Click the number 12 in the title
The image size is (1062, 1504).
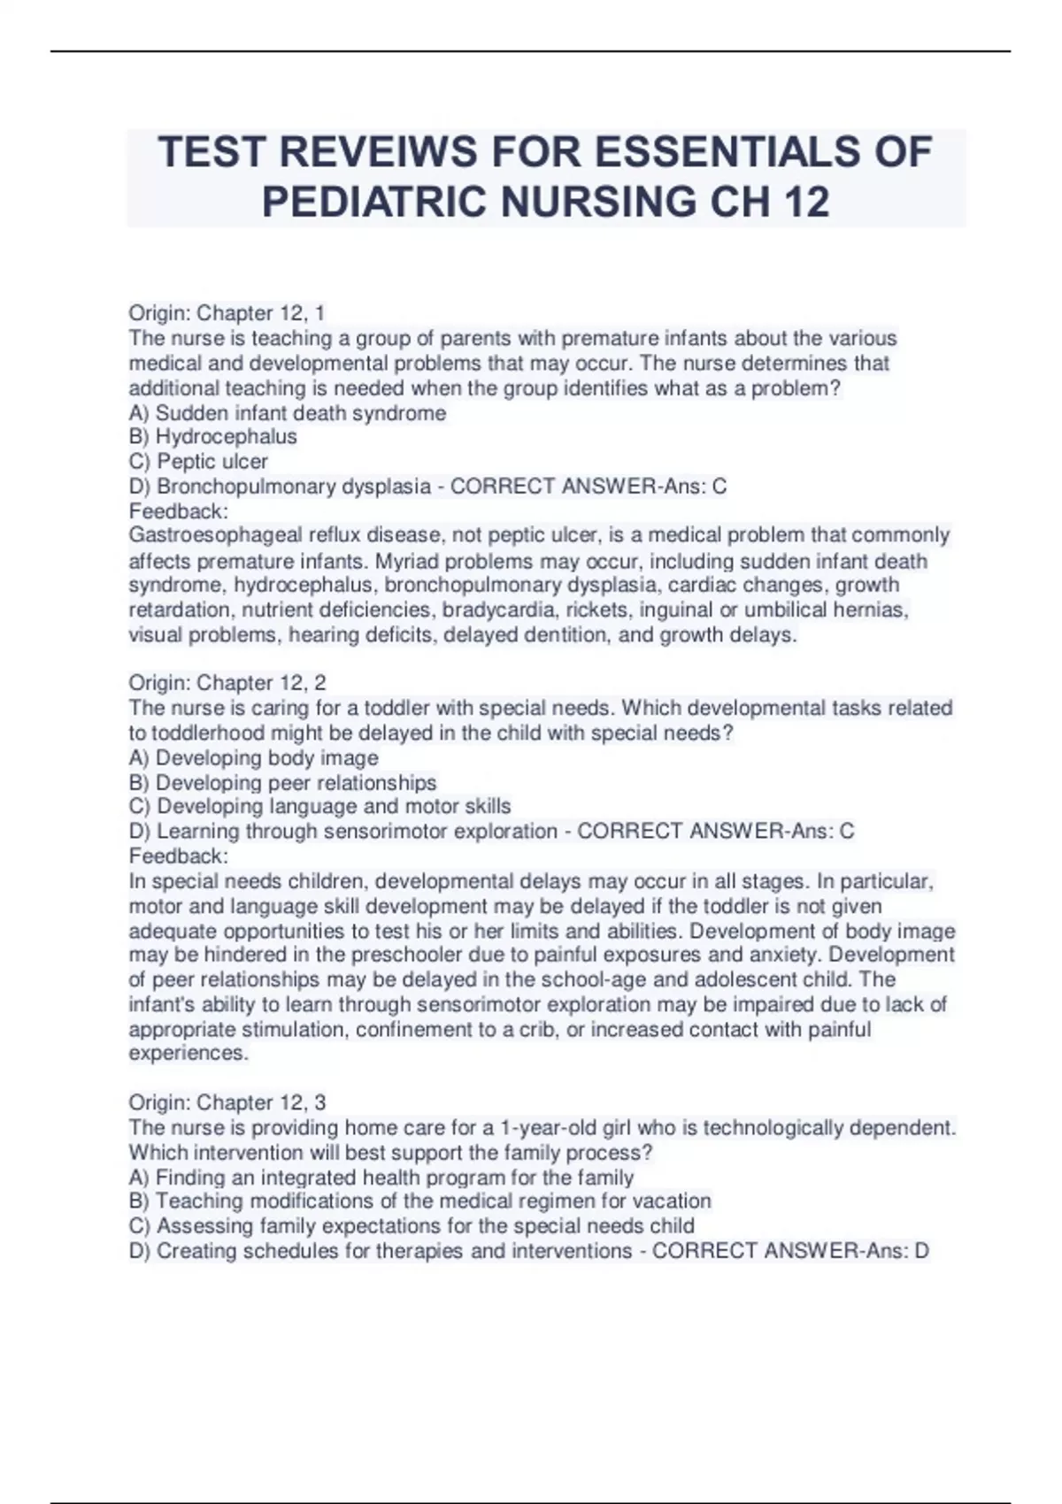click(806, 202)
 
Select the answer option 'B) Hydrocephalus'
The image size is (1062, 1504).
click(212, 436)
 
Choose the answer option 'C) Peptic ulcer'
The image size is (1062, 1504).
click(198, 461)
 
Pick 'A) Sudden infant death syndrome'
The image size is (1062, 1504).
click(288, 412)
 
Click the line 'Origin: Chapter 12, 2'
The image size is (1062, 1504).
click(227, 682)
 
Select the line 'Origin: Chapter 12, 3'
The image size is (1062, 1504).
click(227, 1101)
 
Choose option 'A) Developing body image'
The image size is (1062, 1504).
click(253, 757)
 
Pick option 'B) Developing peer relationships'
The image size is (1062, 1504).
click(282, 782)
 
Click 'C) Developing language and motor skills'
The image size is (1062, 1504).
click(319, 806)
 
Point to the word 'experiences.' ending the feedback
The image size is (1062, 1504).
click(189, 1053)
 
